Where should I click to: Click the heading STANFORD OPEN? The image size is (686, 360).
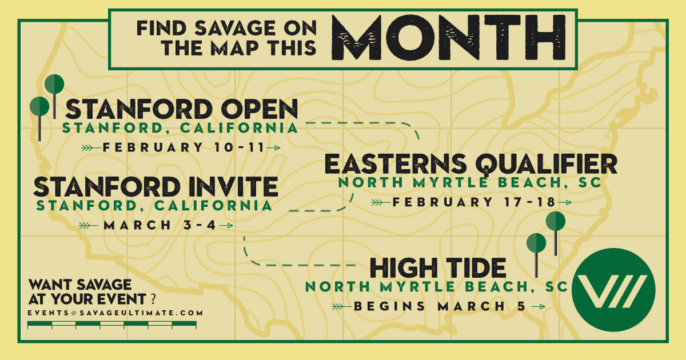(x=182, y=109)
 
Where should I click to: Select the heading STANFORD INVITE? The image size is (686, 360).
(x=155, y=187)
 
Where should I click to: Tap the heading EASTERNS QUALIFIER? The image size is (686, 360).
(x=470, y=165)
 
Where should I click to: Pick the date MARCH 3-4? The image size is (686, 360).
(x=159, y=225)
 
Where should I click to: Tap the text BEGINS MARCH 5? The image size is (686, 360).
(x=439, y=306)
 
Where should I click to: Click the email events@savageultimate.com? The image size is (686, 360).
(x=115, y=313)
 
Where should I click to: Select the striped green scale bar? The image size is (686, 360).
(x=112, y=325)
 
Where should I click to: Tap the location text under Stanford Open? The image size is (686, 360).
(x=180, y=127)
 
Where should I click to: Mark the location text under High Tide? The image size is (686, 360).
(x=436, y=286)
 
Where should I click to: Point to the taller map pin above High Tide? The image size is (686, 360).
(x=555, y=223)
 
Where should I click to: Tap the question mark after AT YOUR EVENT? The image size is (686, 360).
(x=153, y=299)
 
